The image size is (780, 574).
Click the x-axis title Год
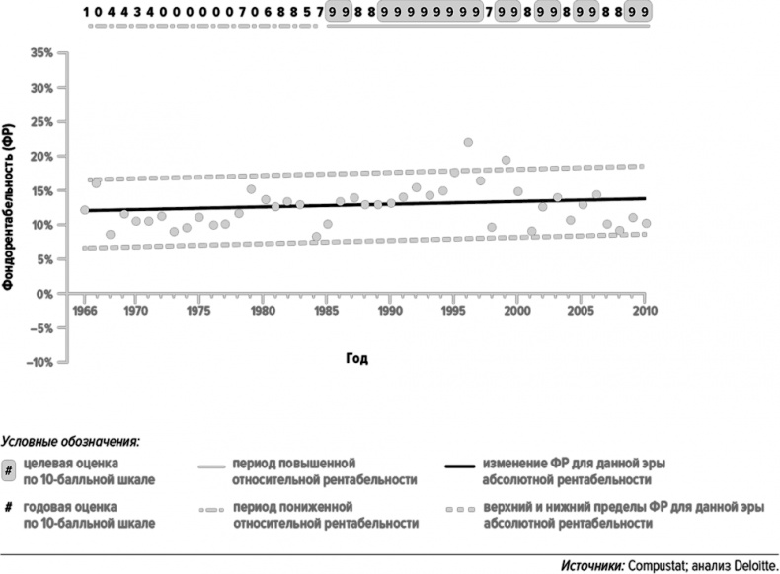click(358, 357)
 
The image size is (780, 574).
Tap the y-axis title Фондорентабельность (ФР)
click(8, 206)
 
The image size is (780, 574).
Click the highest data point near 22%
click(468, 143)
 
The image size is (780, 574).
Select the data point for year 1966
click(85, 210)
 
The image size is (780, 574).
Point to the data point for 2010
click(646, 224)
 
